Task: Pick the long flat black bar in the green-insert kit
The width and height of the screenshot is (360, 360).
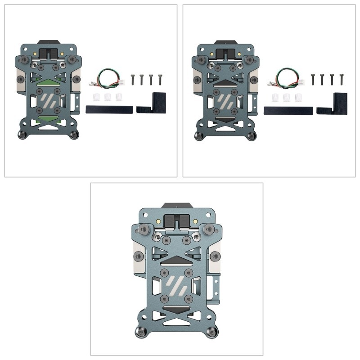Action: pos(109,109)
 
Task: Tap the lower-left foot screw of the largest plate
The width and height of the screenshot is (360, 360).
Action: pos(141,333)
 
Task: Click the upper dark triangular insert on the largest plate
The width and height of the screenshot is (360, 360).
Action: pos(177,258)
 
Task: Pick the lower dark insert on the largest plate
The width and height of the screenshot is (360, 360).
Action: pos(177,310)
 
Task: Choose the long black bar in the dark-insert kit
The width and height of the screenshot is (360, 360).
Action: pos(288,109)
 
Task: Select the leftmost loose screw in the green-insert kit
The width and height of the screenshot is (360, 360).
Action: pos(133,80)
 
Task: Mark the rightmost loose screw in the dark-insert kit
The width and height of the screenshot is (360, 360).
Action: pos(341,80)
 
